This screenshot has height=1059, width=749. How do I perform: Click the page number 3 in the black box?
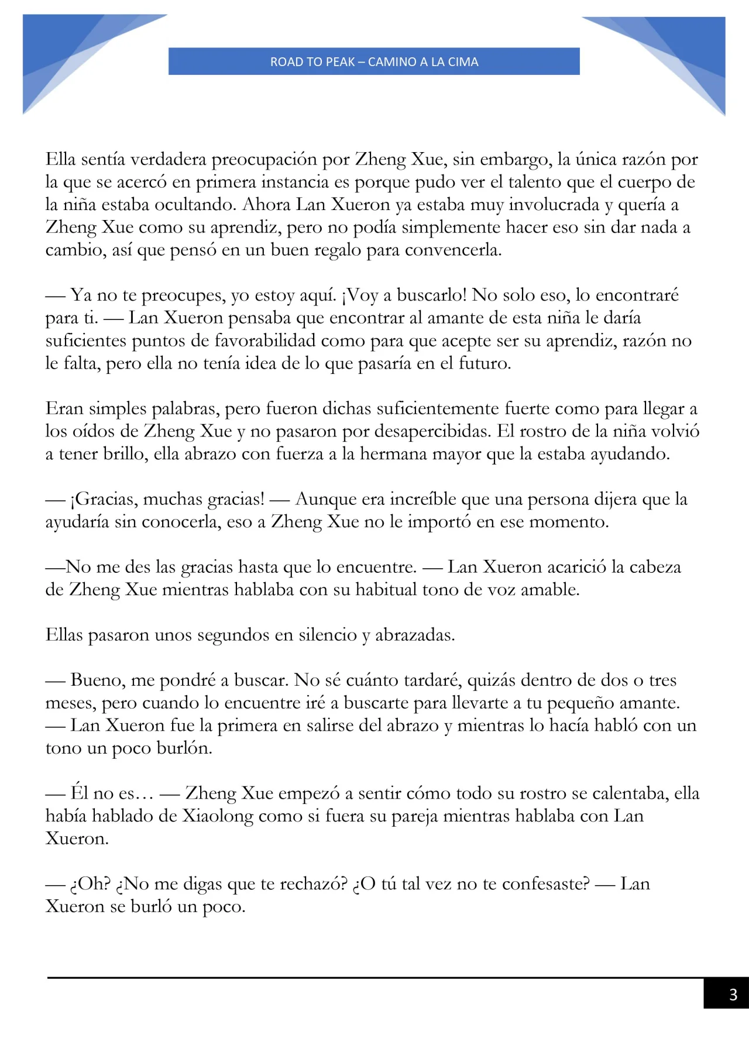(733, 994)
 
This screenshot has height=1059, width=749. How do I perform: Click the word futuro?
(483, 363)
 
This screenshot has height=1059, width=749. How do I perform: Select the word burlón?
(184, 748)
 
